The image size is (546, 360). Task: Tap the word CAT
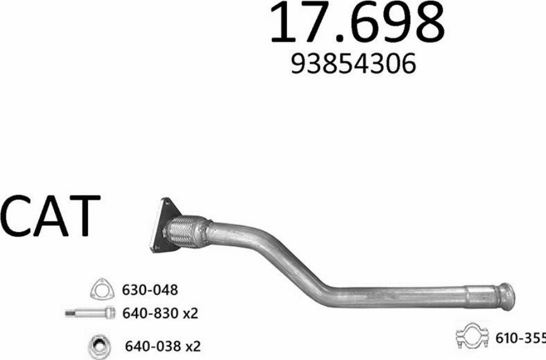(x=50, y=217)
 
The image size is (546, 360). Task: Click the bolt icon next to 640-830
(x=90, y=313)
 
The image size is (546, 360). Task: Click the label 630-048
(x=150, y=290)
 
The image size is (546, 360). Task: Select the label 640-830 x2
(x=160, y=314)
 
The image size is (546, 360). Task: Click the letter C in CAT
(x=16, y=217)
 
